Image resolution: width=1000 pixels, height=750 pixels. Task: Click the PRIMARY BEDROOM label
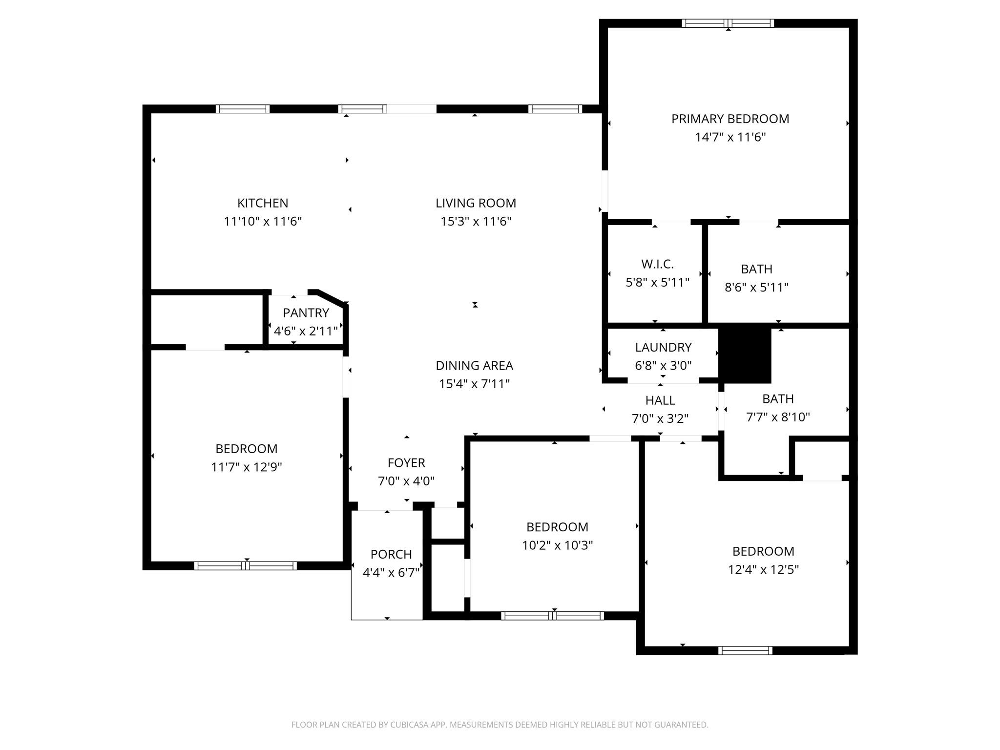tap(730, 119)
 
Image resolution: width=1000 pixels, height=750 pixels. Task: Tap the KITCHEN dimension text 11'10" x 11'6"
tap(263, 222)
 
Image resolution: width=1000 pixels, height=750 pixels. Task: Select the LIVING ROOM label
tap(476, 203)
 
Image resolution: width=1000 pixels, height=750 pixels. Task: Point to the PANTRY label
tap(306, 313)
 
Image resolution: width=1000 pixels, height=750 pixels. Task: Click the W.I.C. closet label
tap(657, 264)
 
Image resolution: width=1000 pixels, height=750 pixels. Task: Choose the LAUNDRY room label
tap(663, 347)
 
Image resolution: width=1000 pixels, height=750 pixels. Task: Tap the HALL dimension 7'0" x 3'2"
tap(660, 419)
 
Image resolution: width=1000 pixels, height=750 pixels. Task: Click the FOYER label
tap(406, 463)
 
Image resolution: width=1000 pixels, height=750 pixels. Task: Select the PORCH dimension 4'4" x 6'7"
tap(391, 572)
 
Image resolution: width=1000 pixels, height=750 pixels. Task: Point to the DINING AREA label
tap(474, 366)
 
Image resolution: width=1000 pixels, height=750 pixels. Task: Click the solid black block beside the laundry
tap(745, 355)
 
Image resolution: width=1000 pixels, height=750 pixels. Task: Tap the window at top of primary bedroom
tap(728, 23)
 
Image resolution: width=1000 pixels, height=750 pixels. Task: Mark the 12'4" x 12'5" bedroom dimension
tap(763, 570)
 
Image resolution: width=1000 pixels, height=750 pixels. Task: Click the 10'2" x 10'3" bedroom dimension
tap(557, 545)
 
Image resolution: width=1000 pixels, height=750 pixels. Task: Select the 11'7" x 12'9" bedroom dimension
tap(246, 467)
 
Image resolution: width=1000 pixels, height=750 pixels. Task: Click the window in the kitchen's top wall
tap(243, 109)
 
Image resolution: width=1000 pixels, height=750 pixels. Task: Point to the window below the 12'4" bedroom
tap(745, 650)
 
